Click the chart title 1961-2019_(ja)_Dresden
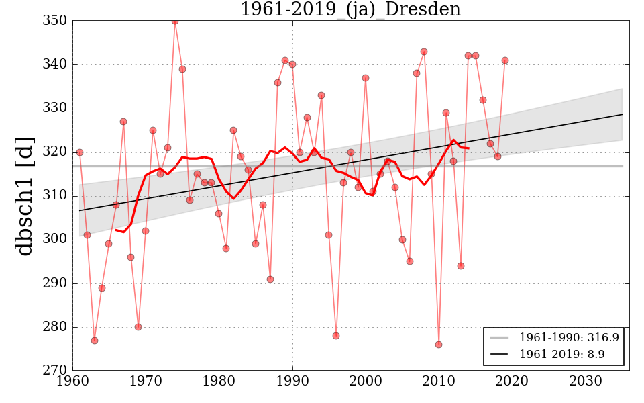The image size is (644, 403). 350,9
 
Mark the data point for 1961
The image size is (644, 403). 80,152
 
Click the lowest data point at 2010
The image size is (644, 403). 439,345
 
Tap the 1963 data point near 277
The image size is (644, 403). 95,341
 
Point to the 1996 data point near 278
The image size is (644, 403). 336,336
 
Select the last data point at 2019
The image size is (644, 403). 505,60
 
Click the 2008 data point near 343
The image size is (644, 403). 424,52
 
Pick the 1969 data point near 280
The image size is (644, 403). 138,327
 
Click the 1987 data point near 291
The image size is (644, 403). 270,279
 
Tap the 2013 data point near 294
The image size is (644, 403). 461,266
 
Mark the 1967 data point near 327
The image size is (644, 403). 123,122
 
